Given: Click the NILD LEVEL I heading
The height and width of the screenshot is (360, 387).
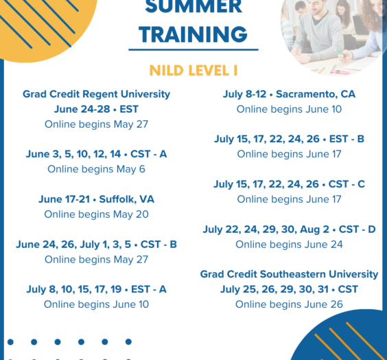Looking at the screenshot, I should point(193,70).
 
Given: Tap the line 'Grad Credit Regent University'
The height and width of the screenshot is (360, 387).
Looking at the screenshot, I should point(96,94).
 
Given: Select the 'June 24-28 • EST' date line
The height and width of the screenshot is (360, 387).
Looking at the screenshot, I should point(96,109).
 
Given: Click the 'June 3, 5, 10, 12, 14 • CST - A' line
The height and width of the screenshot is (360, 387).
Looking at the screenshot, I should point(96,154).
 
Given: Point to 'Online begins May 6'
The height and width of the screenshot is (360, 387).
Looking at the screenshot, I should point(96,169).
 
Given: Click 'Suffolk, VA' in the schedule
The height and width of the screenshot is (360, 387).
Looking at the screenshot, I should point(126,199).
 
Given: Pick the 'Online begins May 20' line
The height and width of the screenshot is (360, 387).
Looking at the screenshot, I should point(96,214).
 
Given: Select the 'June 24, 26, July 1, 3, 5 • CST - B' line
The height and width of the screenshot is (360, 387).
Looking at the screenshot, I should point(96,245).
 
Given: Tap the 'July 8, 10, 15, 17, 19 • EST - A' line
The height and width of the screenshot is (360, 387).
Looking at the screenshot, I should point(96,289).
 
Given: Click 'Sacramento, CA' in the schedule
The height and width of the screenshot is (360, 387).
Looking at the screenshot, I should point(316,94).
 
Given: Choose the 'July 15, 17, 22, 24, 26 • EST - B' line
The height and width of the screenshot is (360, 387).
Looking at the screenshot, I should point(289,139).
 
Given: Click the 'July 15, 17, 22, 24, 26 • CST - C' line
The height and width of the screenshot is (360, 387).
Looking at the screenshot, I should point(289,184).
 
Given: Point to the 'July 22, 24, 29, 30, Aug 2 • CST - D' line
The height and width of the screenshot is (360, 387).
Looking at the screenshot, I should point(289,229).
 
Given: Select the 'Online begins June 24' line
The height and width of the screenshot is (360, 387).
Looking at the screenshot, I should point(289,245).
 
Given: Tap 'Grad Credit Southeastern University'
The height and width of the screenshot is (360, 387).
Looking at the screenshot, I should point(289,274).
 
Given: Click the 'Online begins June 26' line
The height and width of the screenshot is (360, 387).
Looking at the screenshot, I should point(289,304).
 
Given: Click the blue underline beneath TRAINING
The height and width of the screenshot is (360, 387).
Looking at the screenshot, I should point(193,49).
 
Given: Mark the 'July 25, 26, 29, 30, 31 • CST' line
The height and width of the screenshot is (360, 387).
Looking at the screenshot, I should point(289,289).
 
